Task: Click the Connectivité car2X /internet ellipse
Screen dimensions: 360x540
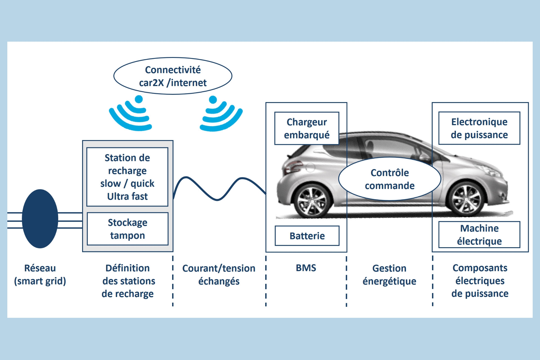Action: click(x=173, y=76)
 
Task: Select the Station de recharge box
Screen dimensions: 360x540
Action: click(x=127, y=177)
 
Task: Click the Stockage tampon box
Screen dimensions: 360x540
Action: click(x=127, y=229)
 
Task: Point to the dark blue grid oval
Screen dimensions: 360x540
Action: click(x=40, y=219)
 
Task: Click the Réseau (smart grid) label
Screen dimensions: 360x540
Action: click(x=40, y=274)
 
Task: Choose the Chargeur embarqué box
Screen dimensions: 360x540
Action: click(x=307, y=129)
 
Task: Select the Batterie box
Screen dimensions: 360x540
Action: click(x=307, y=236)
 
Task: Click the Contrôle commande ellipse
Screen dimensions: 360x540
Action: click(x=390, y=179)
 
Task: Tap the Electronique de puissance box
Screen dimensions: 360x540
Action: click(x=479, y=128)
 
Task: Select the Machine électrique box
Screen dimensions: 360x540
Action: click(x=479, y=235)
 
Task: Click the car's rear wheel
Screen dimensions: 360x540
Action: click(x=311, y=200)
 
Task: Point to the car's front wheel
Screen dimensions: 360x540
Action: click(x=466, y=199)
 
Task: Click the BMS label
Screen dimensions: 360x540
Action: click(x=306, y=268)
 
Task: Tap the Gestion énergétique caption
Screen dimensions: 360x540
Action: click(x=389, y=274)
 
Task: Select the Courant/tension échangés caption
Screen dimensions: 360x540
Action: click(x=219, y=274)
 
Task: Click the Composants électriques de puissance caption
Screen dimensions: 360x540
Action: click(x=480, y=281)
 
